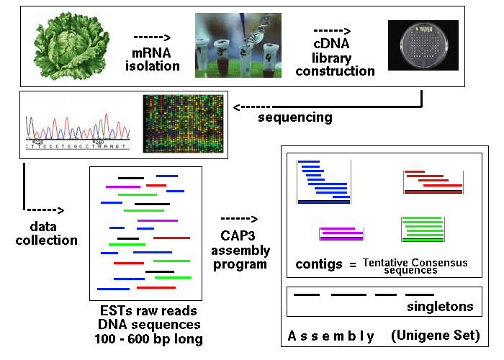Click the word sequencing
(294, 117)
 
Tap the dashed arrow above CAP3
(239, 219)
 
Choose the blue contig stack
(323, 183)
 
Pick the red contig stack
(433, 183)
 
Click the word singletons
(440, 306)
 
